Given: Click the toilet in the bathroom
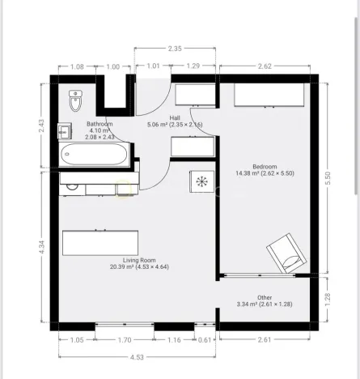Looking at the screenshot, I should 76,100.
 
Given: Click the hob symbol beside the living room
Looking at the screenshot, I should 201,180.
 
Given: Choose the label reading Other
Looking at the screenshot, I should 265,297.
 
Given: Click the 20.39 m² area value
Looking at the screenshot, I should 117,266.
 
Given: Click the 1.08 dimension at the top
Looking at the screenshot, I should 78,66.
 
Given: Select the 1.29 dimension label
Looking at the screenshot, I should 193,66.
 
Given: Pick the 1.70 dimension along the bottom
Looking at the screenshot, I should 125,341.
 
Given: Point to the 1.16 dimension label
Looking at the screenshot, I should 175,341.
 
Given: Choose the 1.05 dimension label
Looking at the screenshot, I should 77,341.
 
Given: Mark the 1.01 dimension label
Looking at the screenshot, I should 152,66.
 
